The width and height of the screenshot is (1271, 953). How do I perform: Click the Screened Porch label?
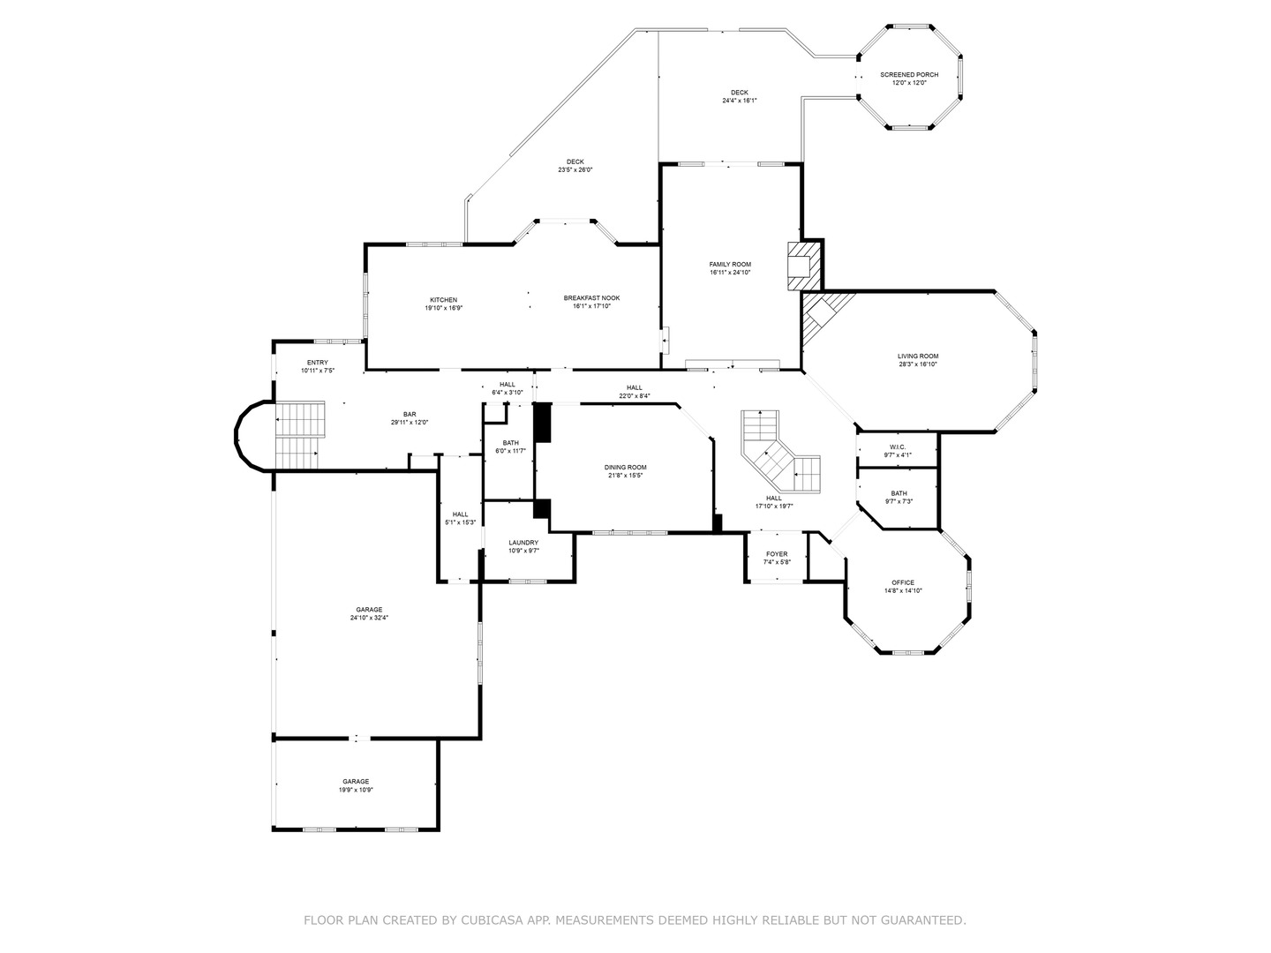tap(909, 75)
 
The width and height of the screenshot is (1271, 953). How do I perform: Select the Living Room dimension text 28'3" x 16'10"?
tap(918, 364)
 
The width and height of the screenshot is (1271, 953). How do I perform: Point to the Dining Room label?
tap(625, 468)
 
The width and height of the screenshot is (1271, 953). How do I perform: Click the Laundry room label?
tap(523, 543)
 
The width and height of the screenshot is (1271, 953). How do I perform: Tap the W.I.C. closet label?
tap(898, 447)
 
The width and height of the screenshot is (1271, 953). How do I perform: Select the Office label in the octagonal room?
tap(902, 582)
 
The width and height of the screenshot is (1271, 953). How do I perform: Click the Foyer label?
tap(777, 554)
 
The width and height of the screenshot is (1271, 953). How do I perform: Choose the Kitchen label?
tap(443, 300)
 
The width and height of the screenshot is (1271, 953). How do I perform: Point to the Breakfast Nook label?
tap(591, 298)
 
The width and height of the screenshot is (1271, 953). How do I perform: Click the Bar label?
tap(410, 414)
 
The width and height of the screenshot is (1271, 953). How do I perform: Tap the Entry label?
tap(317, 363)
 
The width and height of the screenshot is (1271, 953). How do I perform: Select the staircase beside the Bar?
tap(298, 434)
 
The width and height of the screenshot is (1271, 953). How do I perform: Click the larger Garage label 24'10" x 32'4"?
tap(369, 610)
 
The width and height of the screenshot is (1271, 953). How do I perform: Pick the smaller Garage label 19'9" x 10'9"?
tap(356, 782)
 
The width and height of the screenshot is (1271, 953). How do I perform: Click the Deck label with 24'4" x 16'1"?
tap(739, 93)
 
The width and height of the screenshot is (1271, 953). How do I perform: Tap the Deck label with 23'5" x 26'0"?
tap(575, 161)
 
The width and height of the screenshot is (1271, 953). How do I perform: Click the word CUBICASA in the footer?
tap(493, 920)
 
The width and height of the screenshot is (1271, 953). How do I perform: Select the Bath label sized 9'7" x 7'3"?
tap(899, 493)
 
